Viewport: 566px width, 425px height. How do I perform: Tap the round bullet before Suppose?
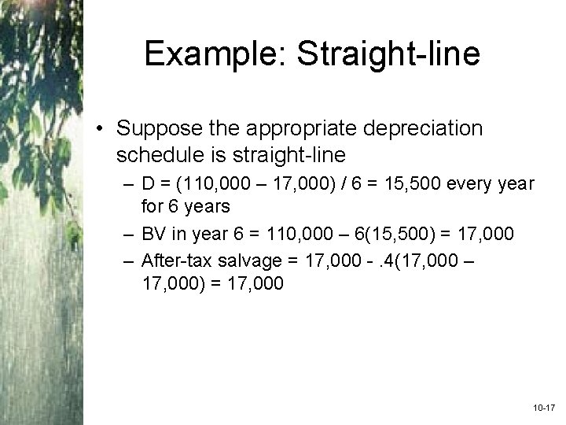pyautogui.click(x=103, y=128)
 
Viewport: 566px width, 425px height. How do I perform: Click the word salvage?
pyautogui.click(x=249, y=261)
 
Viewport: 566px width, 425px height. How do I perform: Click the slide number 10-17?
pyautogui.click(x=544, y=410)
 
